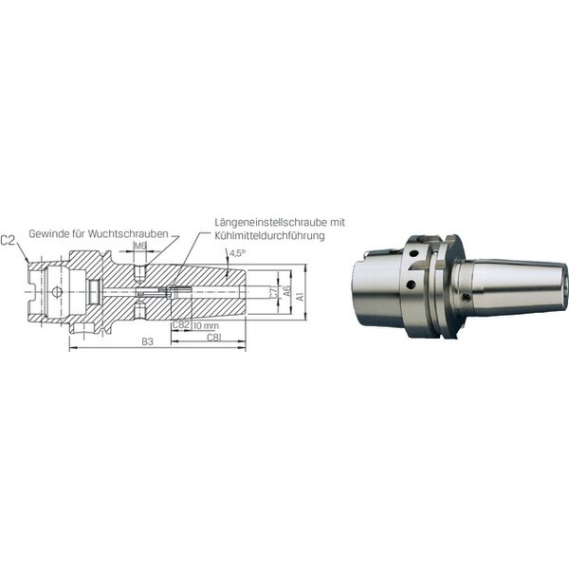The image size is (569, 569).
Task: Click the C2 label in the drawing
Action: tap(8, 241)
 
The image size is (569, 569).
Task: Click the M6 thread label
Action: tap(140, 246)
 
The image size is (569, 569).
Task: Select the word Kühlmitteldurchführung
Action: tap(269, 235)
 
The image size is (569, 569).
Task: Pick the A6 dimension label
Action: tap(287, 291)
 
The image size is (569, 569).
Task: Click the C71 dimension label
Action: tap(274, 293)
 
